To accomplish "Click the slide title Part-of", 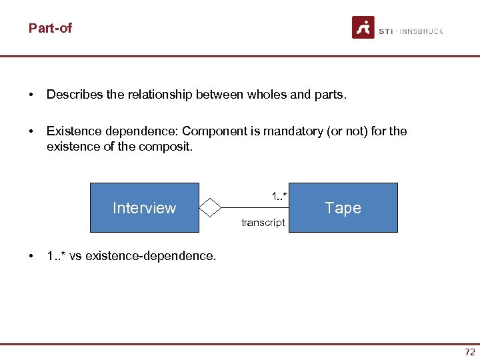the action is tap(50, 28).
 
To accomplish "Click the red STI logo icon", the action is tap(363, 27).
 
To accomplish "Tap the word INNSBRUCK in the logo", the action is tap(421, 31).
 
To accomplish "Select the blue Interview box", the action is tap(144, 208).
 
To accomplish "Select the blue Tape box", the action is tap(343, 208).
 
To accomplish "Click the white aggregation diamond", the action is tap(210, 207).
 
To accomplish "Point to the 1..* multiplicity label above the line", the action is tap(279, 196).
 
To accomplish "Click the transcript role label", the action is tap(263, 223).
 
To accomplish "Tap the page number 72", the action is tap(470, 352).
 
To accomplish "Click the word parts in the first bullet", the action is tap(327, 95).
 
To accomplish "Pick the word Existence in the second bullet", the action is tap(71, 131).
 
